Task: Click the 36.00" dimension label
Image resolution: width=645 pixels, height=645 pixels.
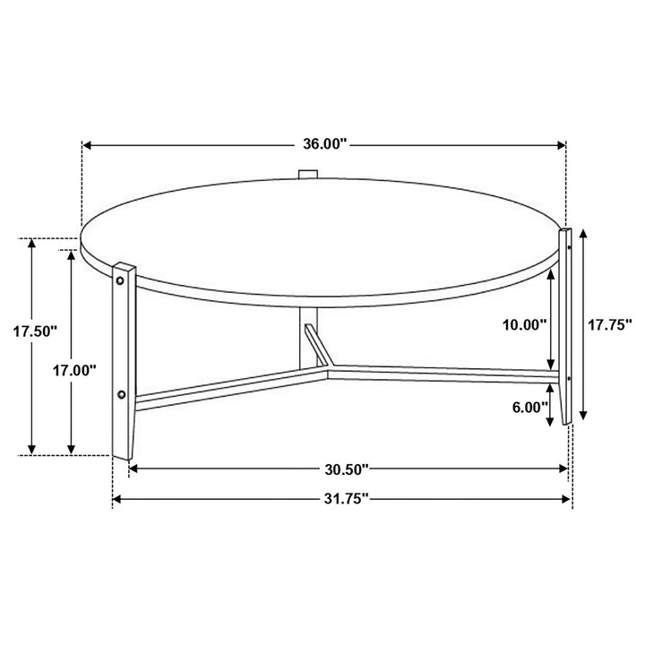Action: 324,143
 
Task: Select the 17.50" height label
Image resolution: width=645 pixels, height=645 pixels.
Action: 35,331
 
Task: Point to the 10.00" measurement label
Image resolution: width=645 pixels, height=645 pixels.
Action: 525,325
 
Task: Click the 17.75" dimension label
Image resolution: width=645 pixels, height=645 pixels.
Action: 610,325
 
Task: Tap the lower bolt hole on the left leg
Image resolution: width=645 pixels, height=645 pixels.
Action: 121,393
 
